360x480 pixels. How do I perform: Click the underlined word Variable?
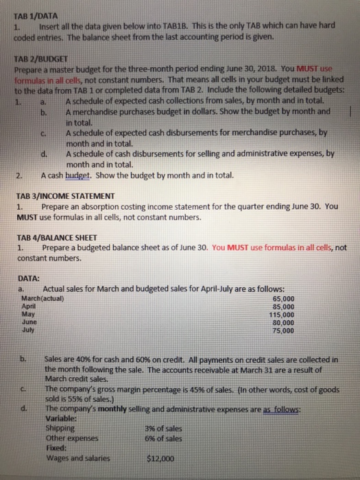(60, 420)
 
